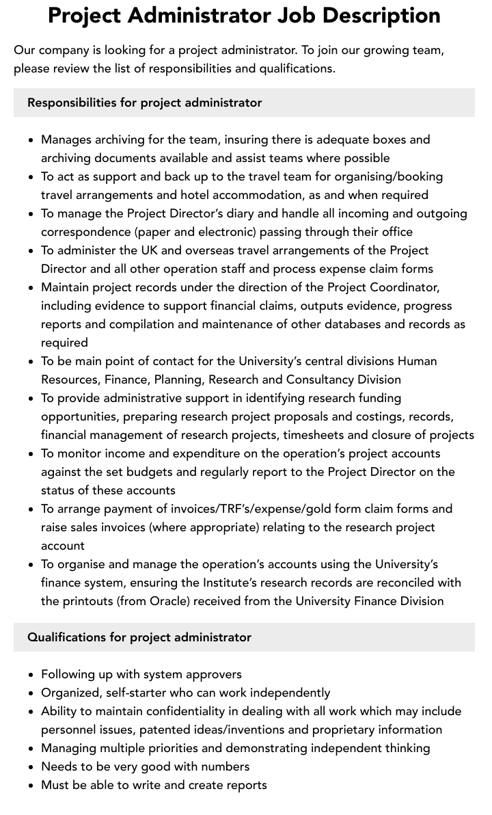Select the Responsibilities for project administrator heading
point(144,103)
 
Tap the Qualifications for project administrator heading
point(139,637)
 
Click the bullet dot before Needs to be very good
point(31,767)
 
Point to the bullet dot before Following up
point(31,675)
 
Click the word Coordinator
point(401,287)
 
